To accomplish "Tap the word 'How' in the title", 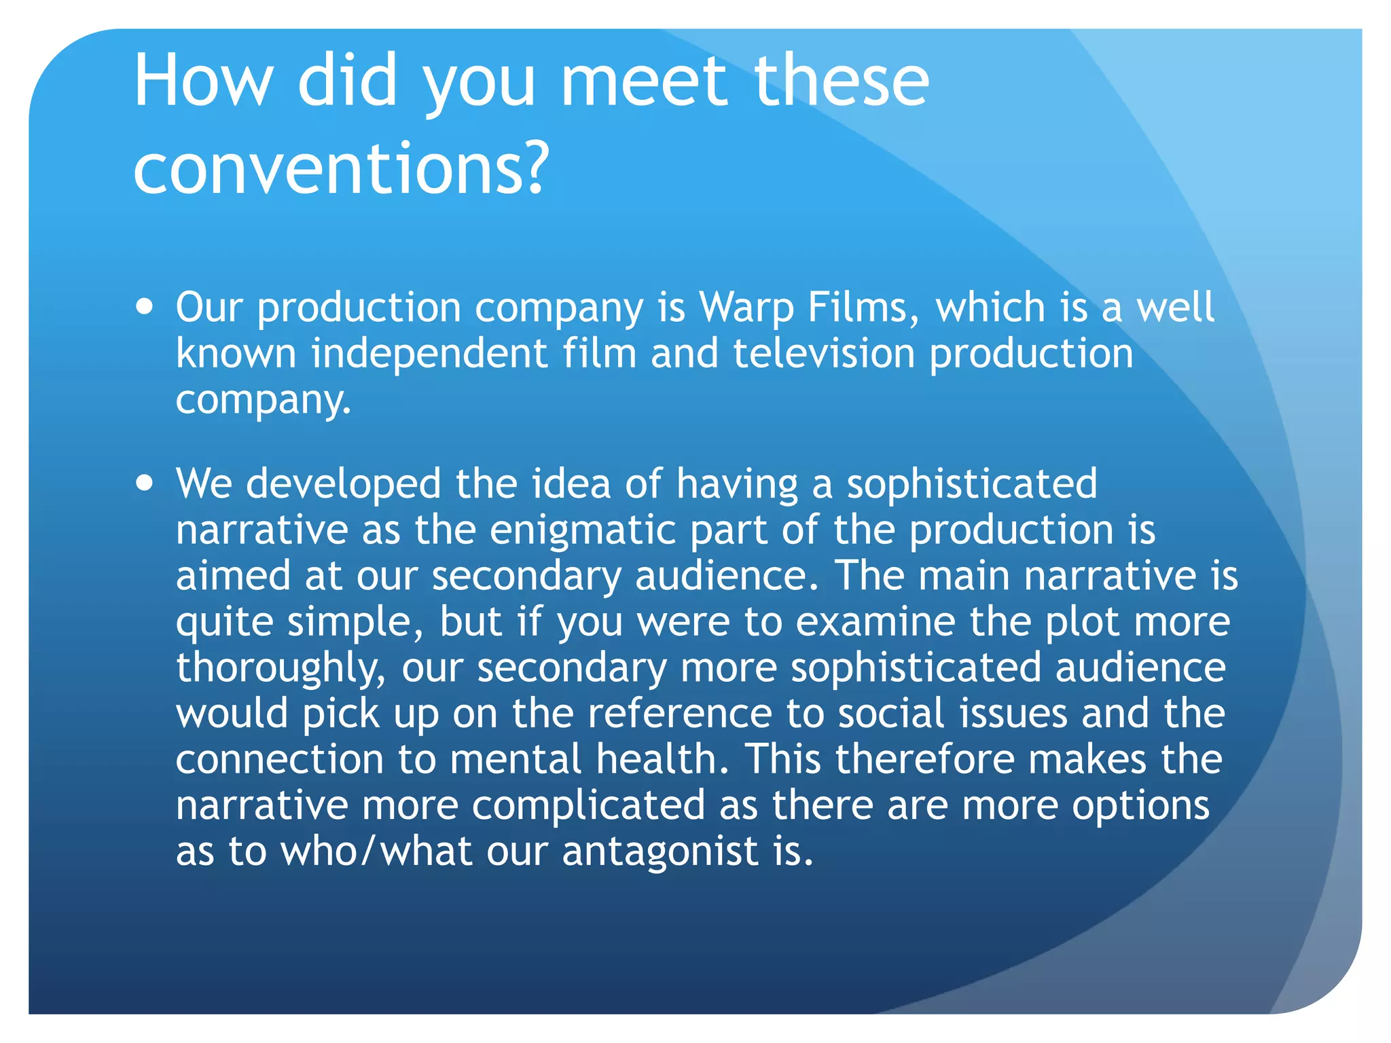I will (x=202, y=81).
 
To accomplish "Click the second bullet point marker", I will (x=144, y=483).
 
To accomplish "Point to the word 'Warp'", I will (x=746, y=308).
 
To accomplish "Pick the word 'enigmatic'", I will (x=582, y=530).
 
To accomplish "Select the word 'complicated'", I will (x=588, y=805).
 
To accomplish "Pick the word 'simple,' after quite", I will (x=355, y=622).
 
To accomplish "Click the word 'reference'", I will (x=679, y=714).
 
